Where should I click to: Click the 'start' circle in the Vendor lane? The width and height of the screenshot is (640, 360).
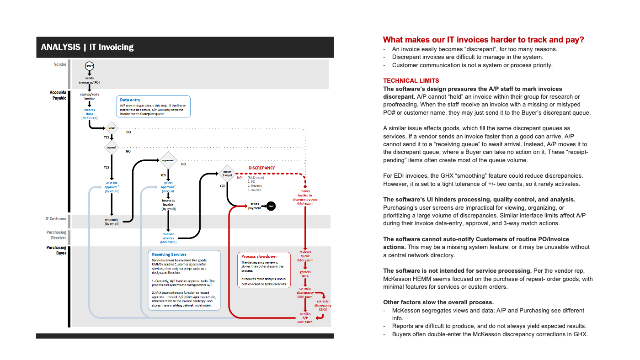click(89, 66)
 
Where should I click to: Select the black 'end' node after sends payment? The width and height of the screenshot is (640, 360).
click(271, 206)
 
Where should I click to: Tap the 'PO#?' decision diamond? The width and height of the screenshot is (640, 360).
click(112, 128)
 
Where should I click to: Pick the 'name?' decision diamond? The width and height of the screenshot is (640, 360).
click(112, 147)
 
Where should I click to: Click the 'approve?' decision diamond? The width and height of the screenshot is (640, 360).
click(168, 160)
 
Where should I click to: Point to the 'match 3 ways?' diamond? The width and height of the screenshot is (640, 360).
click(227, 173)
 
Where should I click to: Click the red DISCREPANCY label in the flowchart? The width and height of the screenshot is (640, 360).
click(261, 168)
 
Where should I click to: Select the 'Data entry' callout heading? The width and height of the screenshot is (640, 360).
click(130, 100)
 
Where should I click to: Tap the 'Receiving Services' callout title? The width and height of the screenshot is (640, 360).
click(169, 254)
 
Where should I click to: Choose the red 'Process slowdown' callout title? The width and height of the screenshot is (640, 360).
click(259, 256)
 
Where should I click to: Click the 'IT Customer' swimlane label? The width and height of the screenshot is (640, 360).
click(56, 219)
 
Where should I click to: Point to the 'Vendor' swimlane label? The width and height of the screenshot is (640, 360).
click(60, 64)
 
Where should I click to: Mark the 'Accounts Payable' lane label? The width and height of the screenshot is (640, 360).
click(58, 95)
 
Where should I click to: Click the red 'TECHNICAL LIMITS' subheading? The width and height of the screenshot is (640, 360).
click(411, 80)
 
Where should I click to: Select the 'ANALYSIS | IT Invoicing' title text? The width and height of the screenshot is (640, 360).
click(87, 47)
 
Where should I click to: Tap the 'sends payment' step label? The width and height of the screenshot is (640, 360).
click(255, 206)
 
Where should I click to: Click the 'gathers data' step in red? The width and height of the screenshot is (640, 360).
click(305, 274)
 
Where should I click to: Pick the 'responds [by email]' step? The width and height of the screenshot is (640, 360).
click(112, 222)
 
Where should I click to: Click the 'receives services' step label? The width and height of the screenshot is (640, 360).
click(168, 236)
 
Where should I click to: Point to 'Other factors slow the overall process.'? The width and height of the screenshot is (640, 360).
click(438, 302)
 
